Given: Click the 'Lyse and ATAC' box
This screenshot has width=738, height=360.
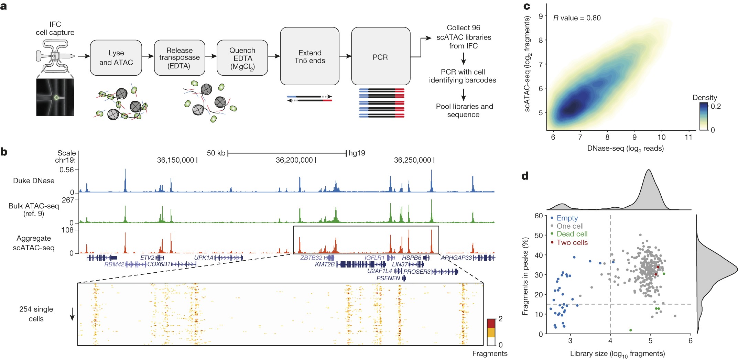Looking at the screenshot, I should point(116,58).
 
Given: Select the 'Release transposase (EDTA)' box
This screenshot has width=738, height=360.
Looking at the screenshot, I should point(180,58).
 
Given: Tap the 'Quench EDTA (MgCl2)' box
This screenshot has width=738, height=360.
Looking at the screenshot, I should point(242,58).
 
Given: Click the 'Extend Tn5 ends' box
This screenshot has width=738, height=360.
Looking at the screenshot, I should point(310,56).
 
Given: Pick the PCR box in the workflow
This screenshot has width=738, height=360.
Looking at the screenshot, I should point(380,56).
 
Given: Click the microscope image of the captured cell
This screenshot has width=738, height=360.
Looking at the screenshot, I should point(55,97).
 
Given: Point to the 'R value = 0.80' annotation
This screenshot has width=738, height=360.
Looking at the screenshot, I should point(577,18).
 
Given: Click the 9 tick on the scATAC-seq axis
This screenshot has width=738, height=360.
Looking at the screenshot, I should point(541,16).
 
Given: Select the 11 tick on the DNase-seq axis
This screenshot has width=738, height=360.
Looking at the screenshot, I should point(688,137).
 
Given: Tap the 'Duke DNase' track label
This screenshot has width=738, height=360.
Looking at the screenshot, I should point(34,181).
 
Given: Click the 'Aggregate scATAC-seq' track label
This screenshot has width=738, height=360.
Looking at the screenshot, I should point(34,243).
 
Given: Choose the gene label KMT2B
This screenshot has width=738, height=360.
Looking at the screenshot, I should point(325,264).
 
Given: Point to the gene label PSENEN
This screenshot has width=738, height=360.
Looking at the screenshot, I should point(388,278).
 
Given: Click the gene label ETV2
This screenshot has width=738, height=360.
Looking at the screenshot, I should point(147,258).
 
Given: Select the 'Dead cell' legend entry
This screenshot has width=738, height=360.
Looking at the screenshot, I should point(572,234).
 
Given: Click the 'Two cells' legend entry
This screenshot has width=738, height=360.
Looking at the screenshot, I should point(572,242).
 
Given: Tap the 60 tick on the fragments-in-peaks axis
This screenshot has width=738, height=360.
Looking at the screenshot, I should point(539,216).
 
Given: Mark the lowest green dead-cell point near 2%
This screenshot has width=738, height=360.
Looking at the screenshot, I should point(630,330).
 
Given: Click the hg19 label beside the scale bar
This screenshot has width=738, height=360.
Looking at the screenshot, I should point(357,153).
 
